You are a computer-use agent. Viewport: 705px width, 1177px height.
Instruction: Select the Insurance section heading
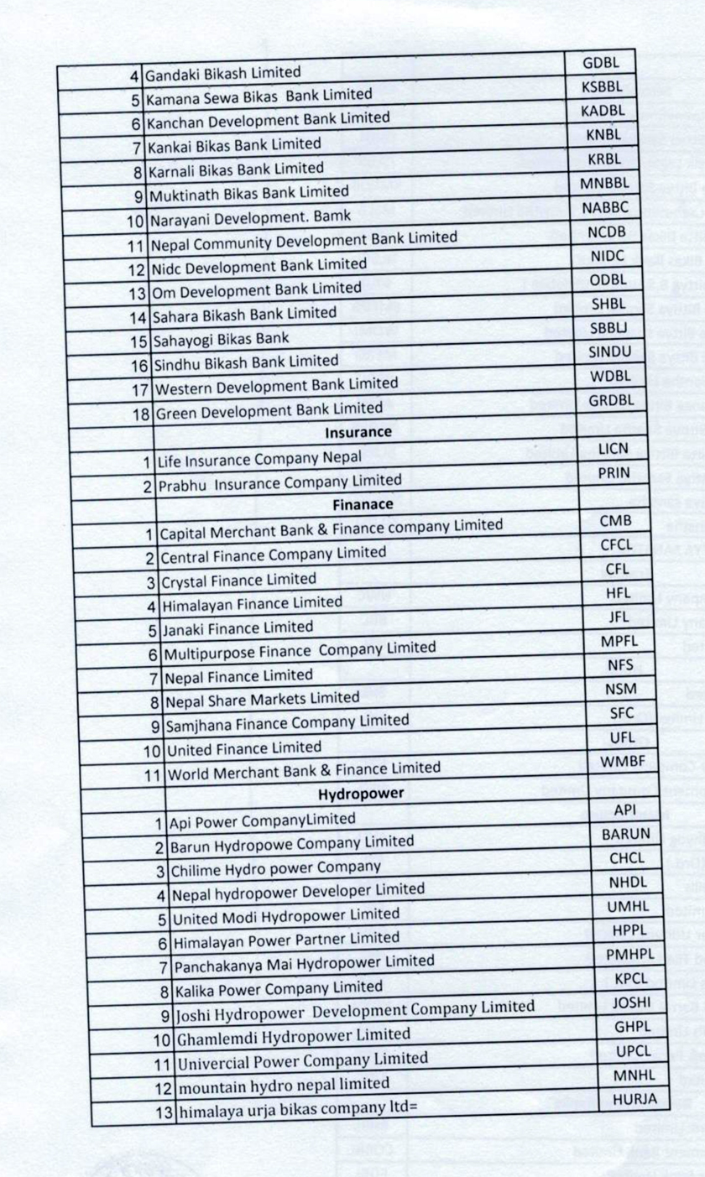coord(359,432)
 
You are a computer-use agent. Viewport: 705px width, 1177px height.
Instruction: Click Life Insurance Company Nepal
coord(253,458)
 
